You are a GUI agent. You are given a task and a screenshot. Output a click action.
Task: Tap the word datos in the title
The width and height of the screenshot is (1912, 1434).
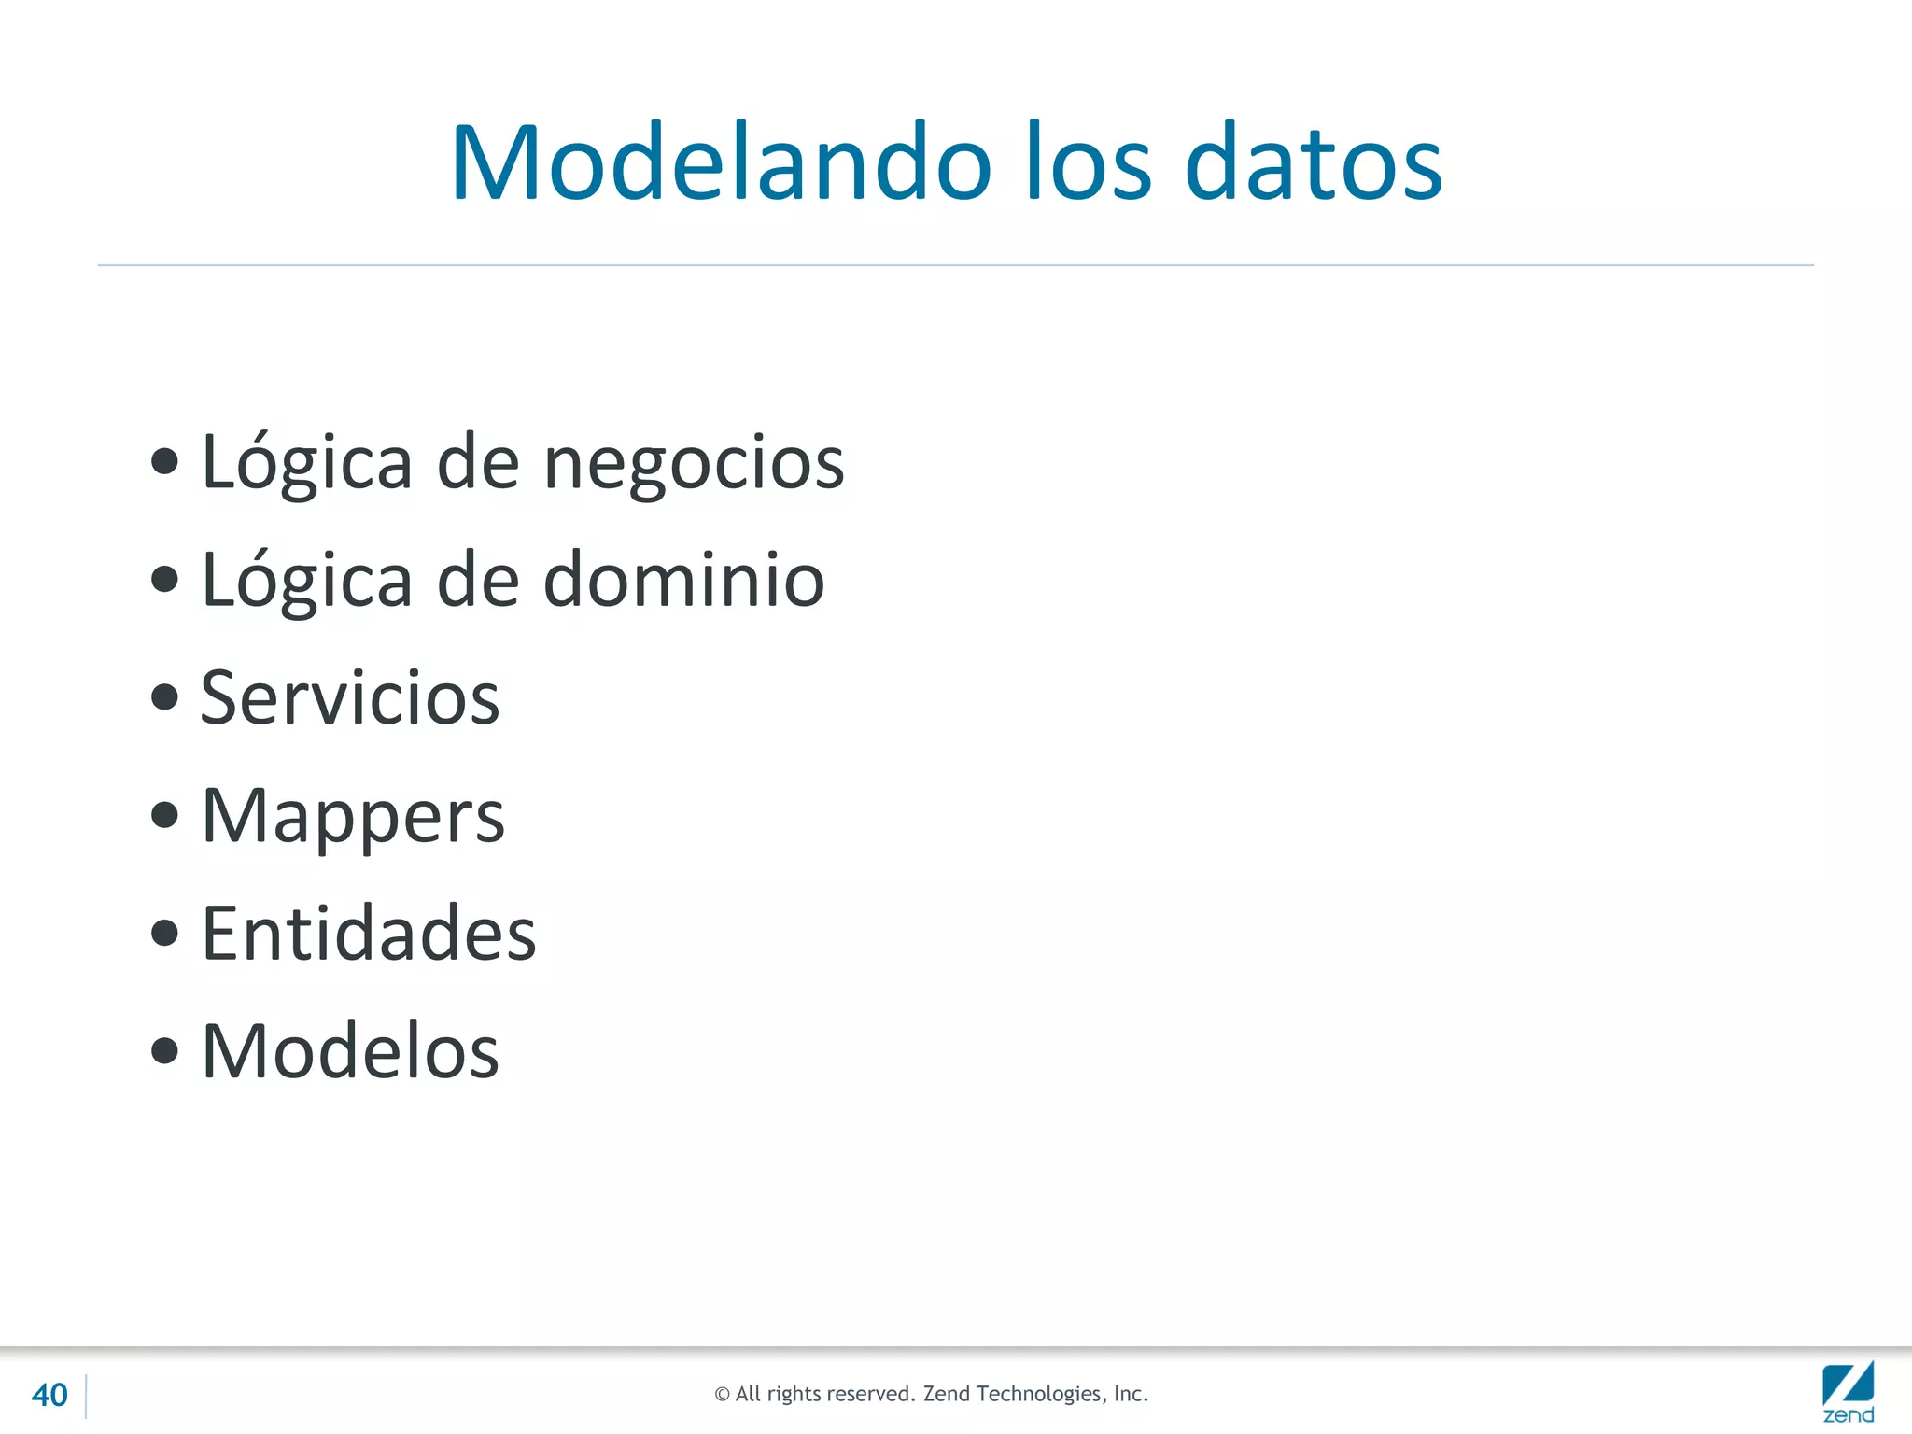[1314, 163]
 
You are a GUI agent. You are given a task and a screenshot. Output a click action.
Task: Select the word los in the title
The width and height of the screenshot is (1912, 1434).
[1089, 163]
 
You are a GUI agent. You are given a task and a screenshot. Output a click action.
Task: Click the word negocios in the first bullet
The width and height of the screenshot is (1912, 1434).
[694, 464]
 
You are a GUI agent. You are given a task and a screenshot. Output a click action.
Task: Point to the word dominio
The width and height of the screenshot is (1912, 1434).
[684, 580]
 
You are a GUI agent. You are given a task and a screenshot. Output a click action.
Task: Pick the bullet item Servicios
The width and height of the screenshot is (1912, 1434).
[350, 698]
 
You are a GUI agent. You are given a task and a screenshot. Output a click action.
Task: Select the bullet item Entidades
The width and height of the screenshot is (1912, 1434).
[369, 934]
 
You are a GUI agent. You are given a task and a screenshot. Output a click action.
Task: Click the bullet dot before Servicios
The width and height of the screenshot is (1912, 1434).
[164, 696]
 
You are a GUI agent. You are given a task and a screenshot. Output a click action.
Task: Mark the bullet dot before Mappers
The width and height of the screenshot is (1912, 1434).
[164, 815]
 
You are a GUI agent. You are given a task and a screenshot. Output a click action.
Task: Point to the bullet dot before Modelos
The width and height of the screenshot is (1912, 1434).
[164, 1050]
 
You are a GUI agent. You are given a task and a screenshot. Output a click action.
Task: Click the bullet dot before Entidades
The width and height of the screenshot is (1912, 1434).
[164, 933]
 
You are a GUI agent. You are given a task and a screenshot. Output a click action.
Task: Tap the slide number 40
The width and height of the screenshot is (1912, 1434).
[49, 1395]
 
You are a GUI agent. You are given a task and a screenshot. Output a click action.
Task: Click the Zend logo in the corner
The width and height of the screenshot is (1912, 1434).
[1848, 1392]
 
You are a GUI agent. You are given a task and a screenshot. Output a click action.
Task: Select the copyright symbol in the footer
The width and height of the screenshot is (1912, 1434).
[722, 1395]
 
